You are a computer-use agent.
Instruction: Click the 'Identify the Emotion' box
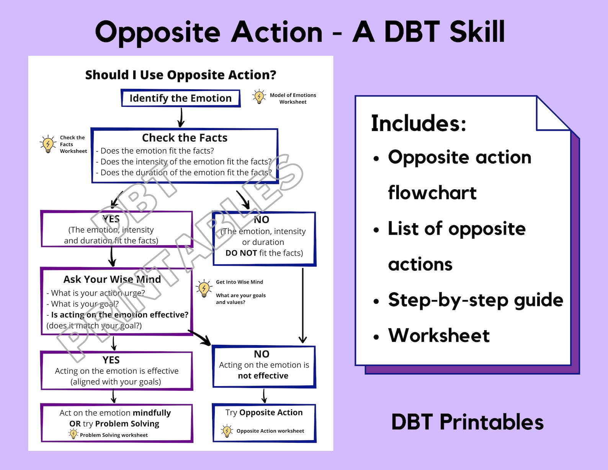(x=180, y=98)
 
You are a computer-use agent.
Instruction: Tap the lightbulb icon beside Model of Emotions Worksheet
(x=259, y=97)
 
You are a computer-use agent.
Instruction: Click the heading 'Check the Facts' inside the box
(x=185, y=138)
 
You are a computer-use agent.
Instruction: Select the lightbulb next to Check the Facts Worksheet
(x=48, y=144)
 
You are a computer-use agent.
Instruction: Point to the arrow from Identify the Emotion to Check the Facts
(x=181, y=117)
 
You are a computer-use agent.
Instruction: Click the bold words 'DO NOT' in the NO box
(x=241, y=253)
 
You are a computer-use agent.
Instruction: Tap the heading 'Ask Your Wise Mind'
(x=112, y=280)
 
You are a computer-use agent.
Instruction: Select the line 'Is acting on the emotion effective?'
(x=119, y=315)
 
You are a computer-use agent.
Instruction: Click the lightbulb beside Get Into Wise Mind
(x=204, y=289)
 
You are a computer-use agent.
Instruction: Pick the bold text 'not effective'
(x=263, y=376)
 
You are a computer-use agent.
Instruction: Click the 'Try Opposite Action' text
(x=264, y=413)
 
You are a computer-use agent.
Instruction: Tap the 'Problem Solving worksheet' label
(x=114, y=435)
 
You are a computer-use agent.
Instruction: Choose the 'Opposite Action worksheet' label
(x=270, y=431)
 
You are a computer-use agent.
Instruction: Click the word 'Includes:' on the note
(x=418, y=123)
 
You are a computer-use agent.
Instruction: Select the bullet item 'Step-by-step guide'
(x=476, y=300)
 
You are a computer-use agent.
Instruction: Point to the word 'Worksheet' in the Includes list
(x=439, y=336)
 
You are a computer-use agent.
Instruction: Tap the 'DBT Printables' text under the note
(x=467, y=422)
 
